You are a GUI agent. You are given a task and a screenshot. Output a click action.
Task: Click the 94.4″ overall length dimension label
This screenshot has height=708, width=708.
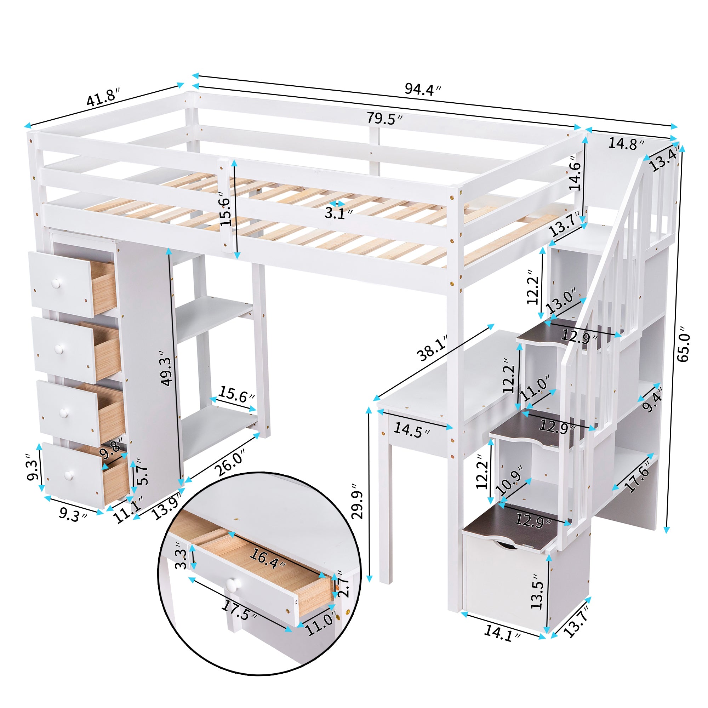(x=423, y=89)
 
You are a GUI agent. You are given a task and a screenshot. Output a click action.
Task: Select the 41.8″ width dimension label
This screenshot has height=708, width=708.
(x=103, y=96)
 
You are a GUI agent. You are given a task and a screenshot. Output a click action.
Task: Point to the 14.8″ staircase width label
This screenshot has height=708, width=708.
(x=626, y=144)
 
